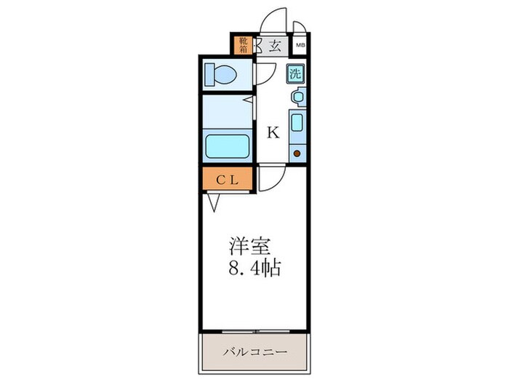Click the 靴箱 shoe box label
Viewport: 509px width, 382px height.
[x=241, y=46]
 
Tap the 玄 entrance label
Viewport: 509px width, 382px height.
[x=275, y=46]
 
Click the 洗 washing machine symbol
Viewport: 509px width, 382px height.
[x=295, y=73]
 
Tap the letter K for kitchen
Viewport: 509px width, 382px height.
[x=273, y=132]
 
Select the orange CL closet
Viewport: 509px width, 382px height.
[x=227, y=179]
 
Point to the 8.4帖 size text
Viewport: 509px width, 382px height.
[x=251, y=266]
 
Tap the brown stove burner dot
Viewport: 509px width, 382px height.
[x=297, y=153]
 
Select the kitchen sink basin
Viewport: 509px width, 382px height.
[x=297, y=122]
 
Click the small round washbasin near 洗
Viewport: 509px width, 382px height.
[x=297, y=96]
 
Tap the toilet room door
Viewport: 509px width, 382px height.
[x=263, y=75]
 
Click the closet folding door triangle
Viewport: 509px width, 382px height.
[x=214, y=202]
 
